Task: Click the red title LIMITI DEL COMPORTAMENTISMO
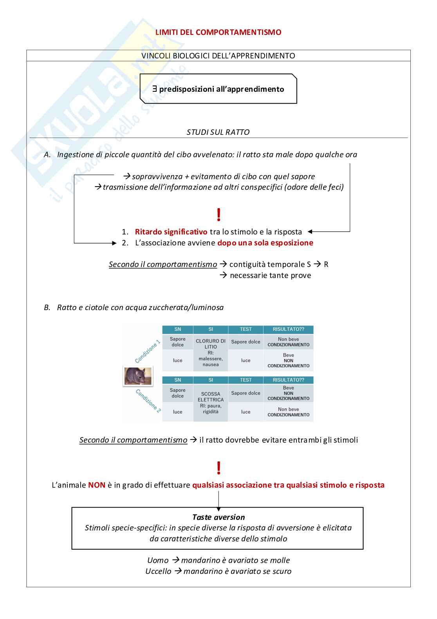218,32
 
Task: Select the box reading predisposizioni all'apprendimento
218,89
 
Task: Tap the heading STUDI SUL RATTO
218,132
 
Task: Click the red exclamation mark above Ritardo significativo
218,215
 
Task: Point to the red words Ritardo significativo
171,232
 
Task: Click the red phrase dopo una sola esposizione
265,243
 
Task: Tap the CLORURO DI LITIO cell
211,344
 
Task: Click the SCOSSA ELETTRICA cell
211,397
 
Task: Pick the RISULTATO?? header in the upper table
288,329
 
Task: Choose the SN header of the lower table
178,380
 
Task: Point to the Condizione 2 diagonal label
148,401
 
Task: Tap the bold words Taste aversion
218,517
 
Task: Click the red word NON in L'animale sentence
97,485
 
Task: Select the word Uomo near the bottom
158,560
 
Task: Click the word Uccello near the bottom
158,571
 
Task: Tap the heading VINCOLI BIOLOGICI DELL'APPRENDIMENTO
218,56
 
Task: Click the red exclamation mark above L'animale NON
218,468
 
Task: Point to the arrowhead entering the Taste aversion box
218,506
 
